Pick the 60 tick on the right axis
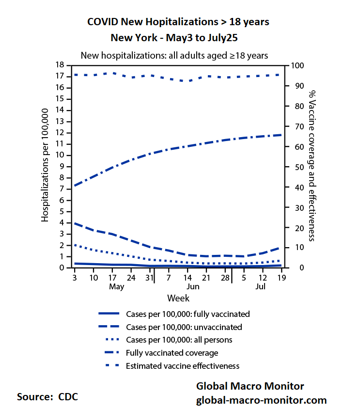[x=296, y=147]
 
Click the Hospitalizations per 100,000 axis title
[x=45, y=165]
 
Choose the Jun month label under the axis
[x=193, y=286]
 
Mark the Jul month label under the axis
[x=261, y=286]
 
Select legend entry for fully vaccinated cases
[x=188, y=314]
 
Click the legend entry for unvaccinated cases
[x=184, y=327]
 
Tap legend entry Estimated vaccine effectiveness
[x=183, y=366]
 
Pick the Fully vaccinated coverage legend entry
[x=172, y=353]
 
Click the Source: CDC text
[x=47, y=396]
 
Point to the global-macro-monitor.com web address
[x=261, y=400]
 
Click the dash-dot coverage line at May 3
[x=74, y=186]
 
